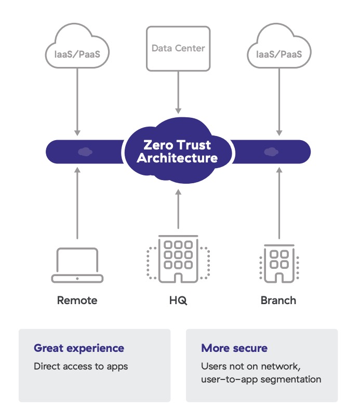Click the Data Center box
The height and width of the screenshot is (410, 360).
pos(178,48)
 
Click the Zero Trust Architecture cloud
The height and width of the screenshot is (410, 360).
pos(177,151)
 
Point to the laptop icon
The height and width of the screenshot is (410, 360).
pos(77,265)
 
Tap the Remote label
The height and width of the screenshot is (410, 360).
pos(77,300)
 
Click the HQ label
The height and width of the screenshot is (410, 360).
pos(178,300)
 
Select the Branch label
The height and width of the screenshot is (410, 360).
pos(278,300)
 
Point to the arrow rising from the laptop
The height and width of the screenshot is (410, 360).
pos(77,202)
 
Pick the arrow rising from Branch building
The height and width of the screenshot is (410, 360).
pos(279,202)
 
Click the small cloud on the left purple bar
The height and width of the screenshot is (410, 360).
pos(83,152)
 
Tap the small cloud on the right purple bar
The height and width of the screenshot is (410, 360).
pos(270,152)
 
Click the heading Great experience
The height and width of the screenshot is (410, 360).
pos(79,348)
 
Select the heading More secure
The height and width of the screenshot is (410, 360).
pos(234,348)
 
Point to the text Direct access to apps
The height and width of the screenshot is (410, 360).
pos(81,366)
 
